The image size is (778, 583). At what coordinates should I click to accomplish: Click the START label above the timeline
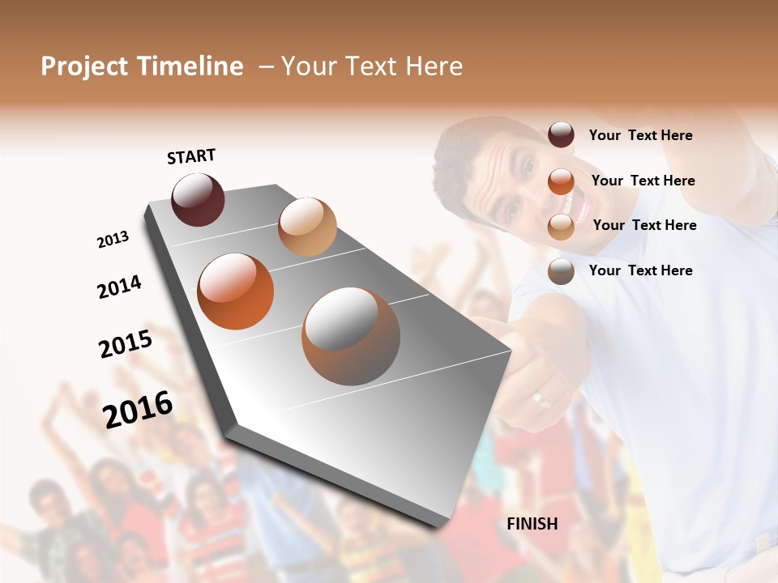(191, 156)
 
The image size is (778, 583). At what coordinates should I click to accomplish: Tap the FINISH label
(532, 524)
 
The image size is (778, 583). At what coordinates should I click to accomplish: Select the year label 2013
(113, 239)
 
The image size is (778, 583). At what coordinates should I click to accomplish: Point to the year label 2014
(119, 287)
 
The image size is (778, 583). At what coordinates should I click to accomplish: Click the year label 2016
(138, 409)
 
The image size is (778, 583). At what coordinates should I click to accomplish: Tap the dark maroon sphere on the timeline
(198, 199)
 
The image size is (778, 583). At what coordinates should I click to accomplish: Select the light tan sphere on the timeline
(307, 226)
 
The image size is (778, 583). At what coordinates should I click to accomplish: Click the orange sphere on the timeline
(236, 291)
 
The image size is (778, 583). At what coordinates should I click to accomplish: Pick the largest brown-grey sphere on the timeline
(351, 336)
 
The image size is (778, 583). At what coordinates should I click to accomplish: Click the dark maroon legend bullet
(561, 134)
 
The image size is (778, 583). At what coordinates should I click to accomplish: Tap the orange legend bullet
(561, 181)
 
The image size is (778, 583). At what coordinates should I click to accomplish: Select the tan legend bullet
(561, 227)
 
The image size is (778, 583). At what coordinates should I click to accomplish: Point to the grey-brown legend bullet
(561, 271)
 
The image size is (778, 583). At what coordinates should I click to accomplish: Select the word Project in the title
(84, 66)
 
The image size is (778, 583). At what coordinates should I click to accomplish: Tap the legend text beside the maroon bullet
(640, 135)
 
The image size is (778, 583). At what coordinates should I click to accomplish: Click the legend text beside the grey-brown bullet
(640, 270)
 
